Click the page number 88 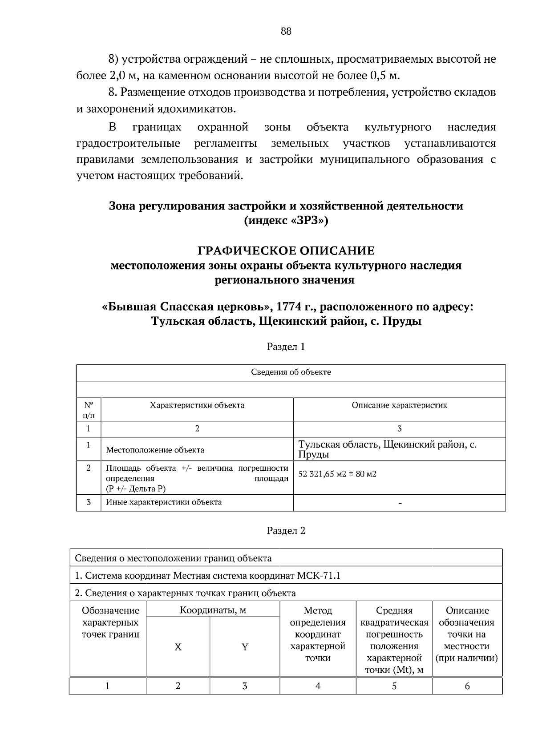tap(286, 31)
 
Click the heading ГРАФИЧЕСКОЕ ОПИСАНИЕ tap(286, 251)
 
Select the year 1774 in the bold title tap(291, 307)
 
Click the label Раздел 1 tap(286, 347)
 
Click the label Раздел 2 tap(286, 530)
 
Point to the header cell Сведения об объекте tap(291, 372)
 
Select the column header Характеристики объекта tap(197, 405)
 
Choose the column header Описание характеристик tap(399, 405)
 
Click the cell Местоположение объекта tap(155, 450)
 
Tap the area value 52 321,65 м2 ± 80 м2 tap(337, 474)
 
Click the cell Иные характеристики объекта tap(164, 502)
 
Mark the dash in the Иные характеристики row tap(400, 503)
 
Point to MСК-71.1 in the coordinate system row tap(318, 576)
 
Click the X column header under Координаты tap(178, 647)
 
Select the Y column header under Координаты tap(244, 647)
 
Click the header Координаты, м tap(213, 610)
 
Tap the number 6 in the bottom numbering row tap(467, 686)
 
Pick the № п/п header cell tap(89, 410)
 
